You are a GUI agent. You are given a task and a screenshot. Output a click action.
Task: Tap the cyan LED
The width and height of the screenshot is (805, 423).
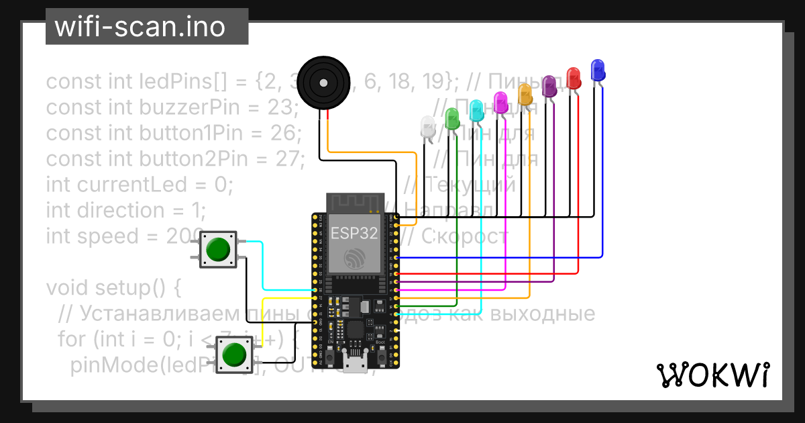click(476, 110)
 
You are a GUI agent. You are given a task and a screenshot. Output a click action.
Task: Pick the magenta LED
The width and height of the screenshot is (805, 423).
click(500, 102)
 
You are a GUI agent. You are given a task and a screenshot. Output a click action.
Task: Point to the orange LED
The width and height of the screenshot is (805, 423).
click(525, 94)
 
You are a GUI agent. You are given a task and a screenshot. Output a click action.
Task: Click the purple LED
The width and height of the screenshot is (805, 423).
click(549, 86)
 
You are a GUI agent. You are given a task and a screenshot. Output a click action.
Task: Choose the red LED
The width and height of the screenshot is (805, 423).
click(573, 77)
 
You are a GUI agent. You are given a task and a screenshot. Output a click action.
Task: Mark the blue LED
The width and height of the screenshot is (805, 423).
click(597, 69)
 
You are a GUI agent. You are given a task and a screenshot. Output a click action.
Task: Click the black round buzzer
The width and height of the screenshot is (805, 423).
click(323, 83)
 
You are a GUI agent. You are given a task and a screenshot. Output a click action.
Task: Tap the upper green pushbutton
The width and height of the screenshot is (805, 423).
click(217, 249)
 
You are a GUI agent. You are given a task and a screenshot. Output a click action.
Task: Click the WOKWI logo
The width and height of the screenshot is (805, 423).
click(712, 375)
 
